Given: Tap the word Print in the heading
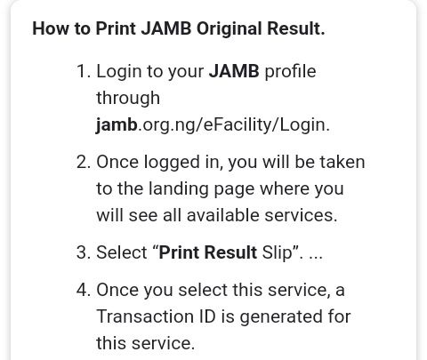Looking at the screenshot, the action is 116,28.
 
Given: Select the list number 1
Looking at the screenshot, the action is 83,71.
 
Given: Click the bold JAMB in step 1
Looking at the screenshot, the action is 234,71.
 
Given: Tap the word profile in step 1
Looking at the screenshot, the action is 290,71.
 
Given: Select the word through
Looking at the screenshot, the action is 128,98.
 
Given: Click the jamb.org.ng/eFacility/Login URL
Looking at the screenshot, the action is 213,125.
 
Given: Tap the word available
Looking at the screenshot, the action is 222,215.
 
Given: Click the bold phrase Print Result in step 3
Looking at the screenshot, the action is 207,252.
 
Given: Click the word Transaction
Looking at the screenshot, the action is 145,316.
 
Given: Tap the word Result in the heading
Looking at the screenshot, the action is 296,28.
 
